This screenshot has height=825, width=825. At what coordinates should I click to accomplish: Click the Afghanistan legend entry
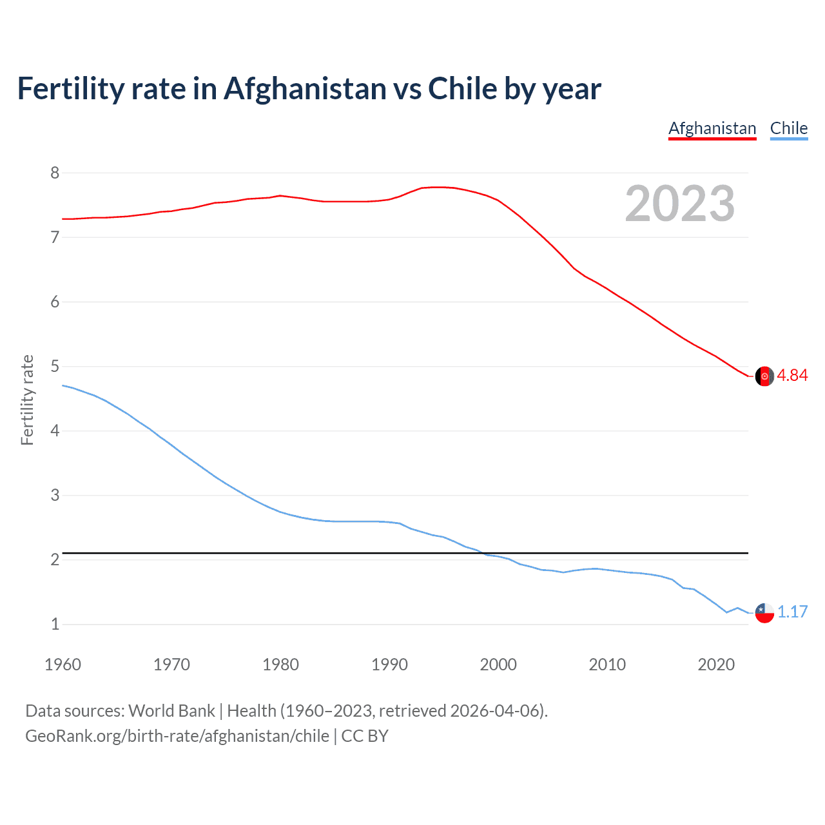click(712, 128)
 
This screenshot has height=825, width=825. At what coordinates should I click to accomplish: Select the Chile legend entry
click(789, 128)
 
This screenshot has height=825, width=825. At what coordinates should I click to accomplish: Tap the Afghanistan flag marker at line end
click(764, 376)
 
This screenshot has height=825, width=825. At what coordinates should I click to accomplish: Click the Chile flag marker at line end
click(764, 613)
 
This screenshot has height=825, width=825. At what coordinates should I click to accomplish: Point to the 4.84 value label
click(792, 376)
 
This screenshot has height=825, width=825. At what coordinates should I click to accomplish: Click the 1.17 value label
click(792, 612)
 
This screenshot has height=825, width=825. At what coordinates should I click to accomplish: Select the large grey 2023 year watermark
click(680, 204)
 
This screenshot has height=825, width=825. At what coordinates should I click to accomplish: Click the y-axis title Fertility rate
click(27, 400)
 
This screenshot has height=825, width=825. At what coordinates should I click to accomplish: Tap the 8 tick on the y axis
click(55, 173)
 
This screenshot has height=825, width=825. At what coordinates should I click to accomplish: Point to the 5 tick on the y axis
click(55, 366)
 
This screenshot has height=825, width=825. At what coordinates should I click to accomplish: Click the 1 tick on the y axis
click(55, 624)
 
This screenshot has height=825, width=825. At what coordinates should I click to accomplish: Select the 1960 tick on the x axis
click(63, 665)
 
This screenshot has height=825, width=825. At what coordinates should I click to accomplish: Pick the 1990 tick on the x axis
click(389, 665)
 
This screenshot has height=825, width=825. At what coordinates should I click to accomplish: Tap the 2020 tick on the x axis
click(716, 665)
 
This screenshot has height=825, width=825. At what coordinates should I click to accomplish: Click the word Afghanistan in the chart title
click(304, 89)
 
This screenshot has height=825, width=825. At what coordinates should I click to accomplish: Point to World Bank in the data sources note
click(171, 711)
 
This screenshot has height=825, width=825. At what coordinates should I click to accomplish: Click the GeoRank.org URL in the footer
click(177, 736)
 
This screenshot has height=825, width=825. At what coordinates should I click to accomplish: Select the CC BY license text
click(365, 736)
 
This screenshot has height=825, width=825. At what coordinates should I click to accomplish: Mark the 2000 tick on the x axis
click(498, 665)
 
